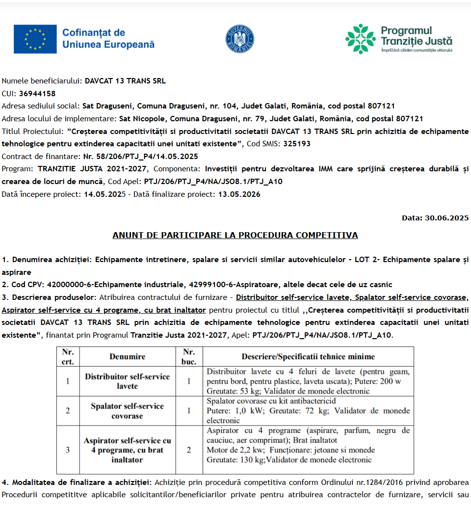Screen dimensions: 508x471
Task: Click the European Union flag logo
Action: click(x=35, y=39)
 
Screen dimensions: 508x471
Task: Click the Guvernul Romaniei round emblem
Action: click(x=240, y=39)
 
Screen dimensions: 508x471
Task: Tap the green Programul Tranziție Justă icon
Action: click(x=360, y=39)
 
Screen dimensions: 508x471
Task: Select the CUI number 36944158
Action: click(x=37, y=93)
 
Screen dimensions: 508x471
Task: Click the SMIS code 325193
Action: click(x=296, y=144)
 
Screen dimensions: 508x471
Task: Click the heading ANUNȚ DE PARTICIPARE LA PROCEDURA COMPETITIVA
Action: click(x=235, y=235)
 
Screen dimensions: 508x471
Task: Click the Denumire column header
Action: click(x=127, y=357)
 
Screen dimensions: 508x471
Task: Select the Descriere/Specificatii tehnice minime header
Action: click(x=308, y=357)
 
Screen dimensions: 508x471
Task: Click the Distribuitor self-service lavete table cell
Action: click(x=127, y=381)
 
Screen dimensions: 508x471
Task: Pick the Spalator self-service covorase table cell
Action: click(x=127, y=411)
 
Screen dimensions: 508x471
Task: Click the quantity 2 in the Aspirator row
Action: click(x=189, y=450)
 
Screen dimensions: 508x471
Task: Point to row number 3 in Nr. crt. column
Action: click(x=68, y=450)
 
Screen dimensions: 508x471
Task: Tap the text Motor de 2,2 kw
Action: click(x=236, y=450)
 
